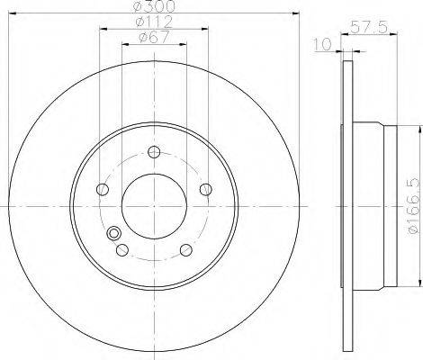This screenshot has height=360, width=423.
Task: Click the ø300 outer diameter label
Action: coord(154,7)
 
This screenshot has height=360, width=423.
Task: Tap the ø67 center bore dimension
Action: coord(154,38)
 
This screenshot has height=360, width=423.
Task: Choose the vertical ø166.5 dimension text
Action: coord(413,205)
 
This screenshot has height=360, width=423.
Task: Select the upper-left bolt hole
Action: coord(102,189)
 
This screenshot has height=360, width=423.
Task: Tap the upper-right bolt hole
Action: coord(206,189)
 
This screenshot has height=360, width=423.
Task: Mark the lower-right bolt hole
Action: coord(185,250)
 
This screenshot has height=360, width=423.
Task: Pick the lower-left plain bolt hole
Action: coord(121,250)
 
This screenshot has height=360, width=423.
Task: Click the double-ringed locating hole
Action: coord(113,235)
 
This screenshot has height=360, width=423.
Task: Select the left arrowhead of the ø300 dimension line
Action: coord(15,15)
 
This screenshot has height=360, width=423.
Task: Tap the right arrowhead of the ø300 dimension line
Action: coord(292,15)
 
